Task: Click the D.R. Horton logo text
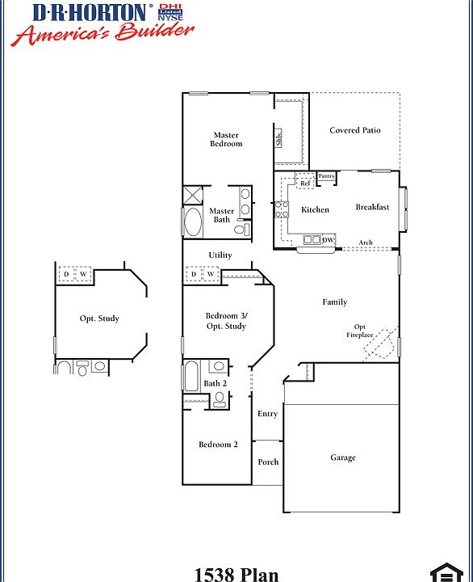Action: pos(90,12)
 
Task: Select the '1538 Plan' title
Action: pos(236,575)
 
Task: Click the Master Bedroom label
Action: pos(226,139)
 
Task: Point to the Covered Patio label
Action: pos(355,130)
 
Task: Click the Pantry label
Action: pos(327,176)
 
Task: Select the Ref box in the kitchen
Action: pos(305,183)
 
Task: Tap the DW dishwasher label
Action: pos(329,240)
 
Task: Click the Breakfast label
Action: pos(372,207)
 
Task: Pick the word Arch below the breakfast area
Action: pos(366,242)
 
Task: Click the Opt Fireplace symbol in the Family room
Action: pos(379,344)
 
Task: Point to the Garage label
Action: pos(342,458)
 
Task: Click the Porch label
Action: pos(268,462)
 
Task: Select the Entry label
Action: pos(267,414)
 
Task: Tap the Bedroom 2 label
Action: pos(218,444)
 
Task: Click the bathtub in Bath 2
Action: pos(191,377)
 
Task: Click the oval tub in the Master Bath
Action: pos(193,222)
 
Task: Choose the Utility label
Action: pos(220,255)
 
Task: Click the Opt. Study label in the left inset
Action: pos(99,318)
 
